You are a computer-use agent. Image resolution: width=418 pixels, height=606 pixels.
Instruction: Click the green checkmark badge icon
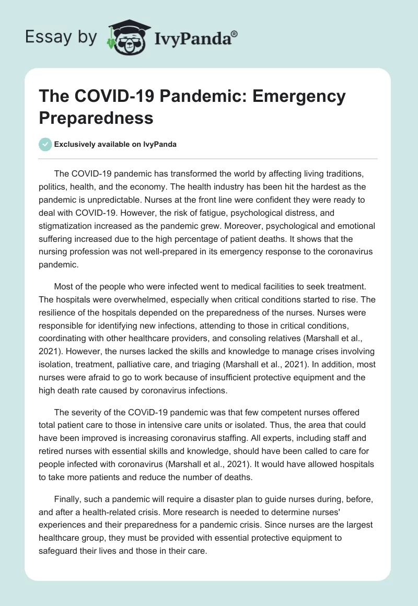[x=45, y=145]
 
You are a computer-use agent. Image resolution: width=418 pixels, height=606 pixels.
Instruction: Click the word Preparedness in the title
[x=96, y=118]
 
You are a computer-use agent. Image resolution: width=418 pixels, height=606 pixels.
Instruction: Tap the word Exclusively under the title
[x=75, y=145]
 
